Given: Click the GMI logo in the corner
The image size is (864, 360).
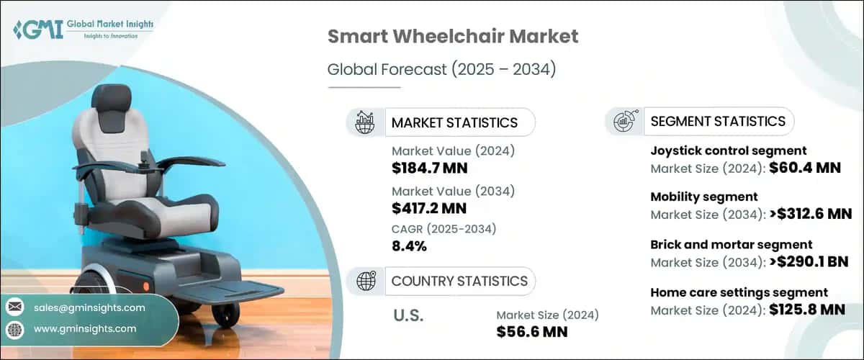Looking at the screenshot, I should click(82, 29).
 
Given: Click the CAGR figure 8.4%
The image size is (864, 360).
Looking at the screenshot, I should click(409, 246).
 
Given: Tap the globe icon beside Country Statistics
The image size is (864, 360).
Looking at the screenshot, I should click(365, 281).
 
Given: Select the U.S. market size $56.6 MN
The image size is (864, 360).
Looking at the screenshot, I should click(531, 331).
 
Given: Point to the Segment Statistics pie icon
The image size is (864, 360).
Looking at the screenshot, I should click(624, 122).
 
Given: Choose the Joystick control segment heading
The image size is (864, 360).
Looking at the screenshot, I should click(728, 150).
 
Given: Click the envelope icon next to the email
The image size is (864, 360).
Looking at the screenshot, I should click(14, 308).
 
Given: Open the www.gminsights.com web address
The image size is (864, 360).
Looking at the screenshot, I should click(85, 329).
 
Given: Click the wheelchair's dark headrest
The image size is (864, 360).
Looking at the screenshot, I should click(111, 107).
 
